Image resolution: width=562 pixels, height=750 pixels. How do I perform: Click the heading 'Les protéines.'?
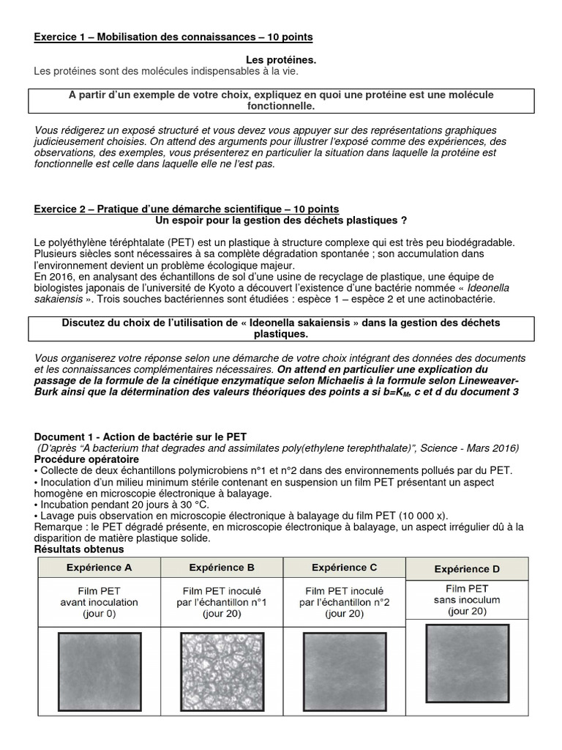coord(281,59)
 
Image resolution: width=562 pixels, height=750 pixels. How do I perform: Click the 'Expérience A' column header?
coord(99,568)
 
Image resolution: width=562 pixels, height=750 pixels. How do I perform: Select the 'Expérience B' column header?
coord(222,568)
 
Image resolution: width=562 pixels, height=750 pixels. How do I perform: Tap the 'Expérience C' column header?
coord(344,568)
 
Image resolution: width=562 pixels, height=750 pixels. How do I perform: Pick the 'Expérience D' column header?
coord(467,568)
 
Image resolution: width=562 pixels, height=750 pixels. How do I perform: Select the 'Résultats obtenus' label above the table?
coord(79,549)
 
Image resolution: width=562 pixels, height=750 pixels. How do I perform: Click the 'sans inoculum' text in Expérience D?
coord(466,600)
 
